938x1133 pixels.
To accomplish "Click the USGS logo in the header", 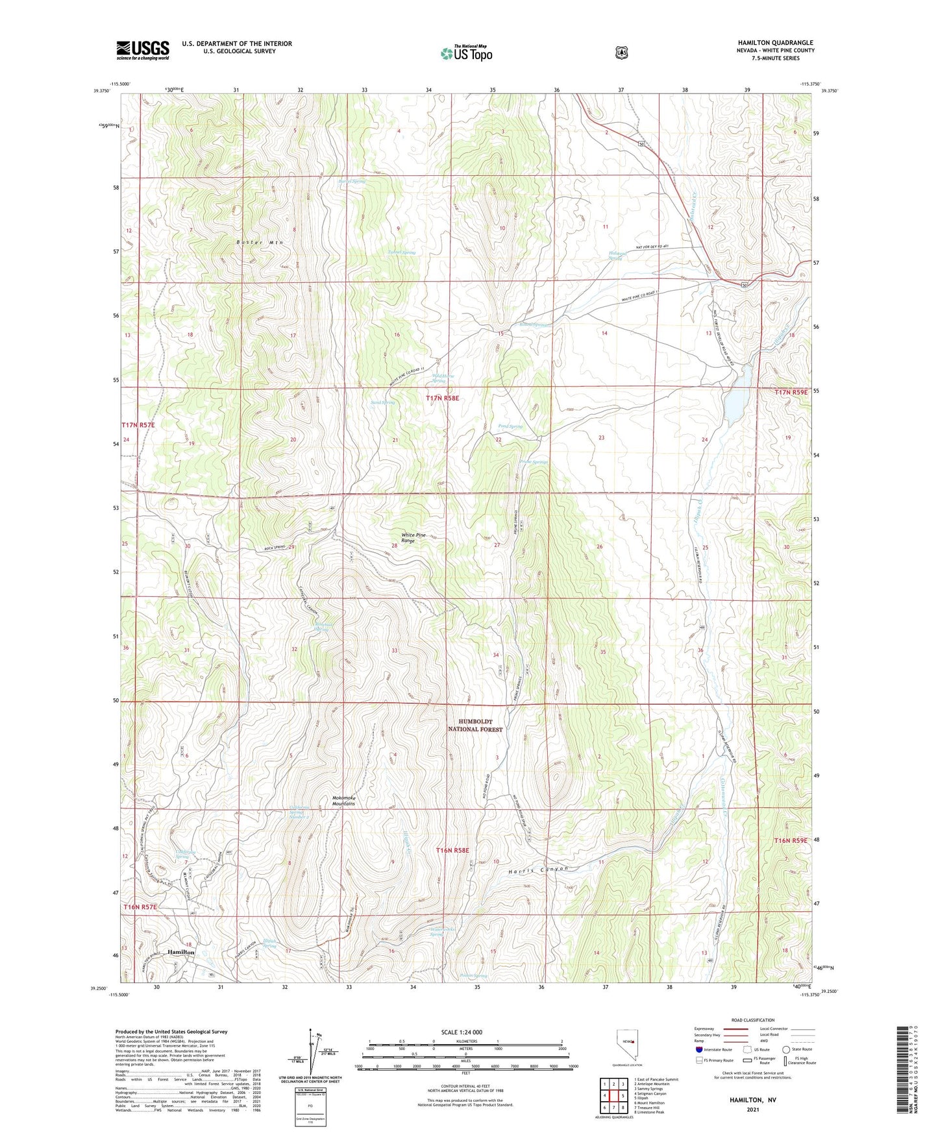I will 143,49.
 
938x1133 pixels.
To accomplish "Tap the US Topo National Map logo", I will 466,53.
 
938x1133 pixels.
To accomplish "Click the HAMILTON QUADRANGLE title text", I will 775,43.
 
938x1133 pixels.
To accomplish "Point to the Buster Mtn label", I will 260,242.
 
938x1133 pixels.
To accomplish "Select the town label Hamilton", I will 181,951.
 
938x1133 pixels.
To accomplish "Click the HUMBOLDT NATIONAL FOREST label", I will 476,725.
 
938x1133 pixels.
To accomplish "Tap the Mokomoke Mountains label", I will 343,801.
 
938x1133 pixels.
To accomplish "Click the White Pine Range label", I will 413,538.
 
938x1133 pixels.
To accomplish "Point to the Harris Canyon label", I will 538,869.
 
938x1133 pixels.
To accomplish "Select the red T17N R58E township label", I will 442,398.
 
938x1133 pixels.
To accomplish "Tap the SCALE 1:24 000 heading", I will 461,1032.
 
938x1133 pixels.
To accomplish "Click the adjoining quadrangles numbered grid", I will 613,1096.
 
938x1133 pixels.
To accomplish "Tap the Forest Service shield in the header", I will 622,53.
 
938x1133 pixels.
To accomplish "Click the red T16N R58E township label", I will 452,850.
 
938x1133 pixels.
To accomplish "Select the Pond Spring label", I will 510,426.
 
